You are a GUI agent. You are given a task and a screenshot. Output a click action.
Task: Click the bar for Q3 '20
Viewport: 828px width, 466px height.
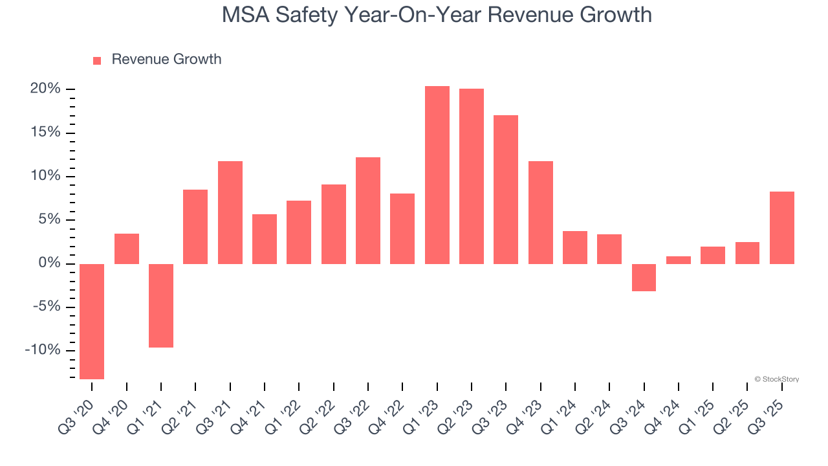pos(92,321)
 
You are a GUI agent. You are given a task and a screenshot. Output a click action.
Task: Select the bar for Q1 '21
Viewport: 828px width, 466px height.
pos(161,305)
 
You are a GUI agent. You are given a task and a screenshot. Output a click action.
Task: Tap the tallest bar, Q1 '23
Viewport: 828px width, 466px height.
pos(437,175)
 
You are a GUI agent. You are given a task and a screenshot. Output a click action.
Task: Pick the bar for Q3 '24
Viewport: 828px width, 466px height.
pos(644,278)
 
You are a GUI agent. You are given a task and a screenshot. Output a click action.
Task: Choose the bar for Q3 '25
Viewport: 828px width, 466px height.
pos(782,228)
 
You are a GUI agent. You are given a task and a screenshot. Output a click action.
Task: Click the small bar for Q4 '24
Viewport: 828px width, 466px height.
pos(679,260)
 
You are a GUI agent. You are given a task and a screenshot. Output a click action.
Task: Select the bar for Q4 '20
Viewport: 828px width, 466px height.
pos(127,249)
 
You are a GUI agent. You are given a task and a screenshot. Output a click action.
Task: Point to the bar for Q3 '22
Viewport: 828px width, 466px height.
pos(368,210)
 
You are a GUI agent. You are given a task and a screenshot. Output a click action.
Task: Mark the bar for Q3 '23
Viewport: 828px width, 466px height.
pos(506,190)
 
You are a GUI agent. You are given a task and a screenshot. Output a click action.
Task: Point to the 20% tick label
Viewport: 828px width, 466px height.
pos(45,89)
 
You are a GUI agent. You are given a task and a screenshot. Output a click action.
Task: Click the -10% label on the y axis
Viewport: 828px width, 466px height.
pos(43,350)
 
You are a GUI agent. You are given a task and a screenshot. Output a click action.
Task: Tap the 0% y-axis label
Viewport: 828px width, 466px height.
pos(49,263)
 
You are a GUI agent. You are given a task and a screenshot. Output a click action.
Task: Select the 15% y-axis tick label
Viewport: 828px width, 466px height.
pos(45,132)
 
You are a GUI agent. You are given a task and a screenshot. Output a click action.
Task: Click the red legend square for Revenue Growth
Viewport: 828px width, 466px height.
pos(97,60)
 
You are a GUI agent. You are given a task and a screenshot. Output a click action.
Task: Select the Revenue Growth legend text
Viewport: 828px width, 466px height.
pos(166,60)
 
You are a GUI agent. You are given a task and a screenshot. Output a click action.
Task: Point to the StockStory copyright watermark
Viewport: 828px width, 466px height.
pos(776,379)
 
